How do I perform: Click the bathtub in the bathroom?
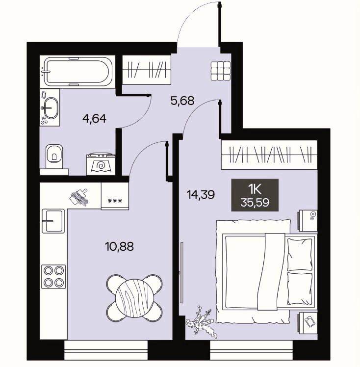77,72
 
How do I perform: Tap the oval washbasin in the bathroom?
51,108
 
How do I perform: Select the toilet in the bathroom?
54,156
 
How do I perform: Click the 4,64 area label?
95,118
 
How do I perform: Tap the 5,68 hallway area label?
182,101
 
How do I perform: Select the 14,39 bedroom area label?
201,194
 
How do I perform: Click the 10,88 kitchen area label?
120,246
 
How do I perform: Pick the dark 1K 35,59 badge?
255,195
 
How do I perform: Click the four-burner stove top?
53,277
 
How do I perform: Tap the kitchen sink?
53,221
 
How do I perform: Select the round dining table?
134,298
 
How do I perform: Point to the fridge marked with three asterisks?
115,196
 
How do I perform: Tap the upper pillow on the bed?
300,255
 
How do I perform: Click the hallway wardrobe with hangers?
147,70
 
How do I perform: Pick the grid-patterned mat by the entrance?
221,71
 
